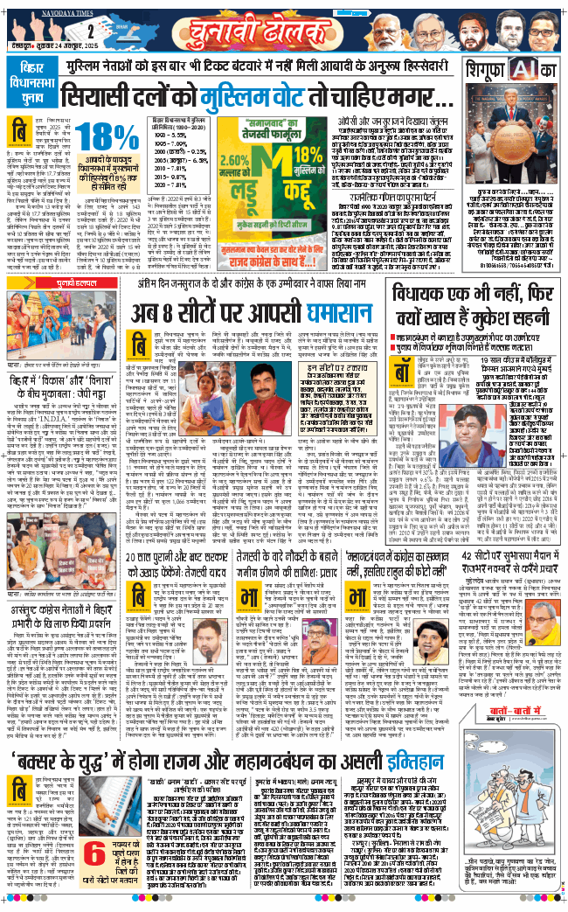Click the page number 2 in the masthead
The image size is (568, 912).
tap(90, 31)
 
